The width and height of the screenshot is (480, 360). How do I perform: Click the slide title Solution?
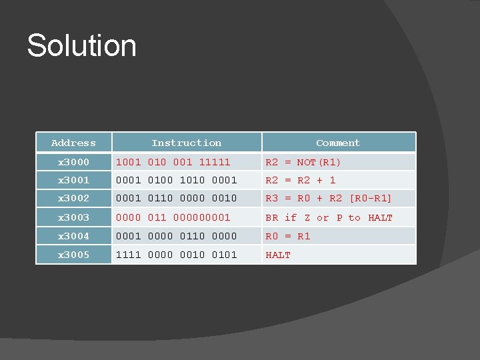pos(81,46)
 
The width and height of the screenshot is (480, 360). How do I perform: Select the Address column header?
pos(73,143)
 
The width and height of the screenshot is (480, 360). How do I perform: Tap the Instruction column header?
pos(186,143)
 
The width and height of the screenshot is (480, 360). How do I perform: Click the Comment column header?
pos(338,143)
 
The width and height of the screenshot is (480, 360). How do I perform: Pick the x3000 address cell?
pos(73,162)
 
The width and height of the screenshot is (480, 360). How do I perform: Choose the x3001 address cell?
pos(73,180)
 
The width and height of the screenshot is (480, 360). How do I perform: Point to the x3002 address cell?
pos(73,198)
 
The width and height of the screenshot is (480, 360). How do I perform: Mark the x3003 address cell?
pos(73,217)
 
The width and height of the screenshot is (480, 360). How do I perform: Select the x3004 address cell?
pos(73,236)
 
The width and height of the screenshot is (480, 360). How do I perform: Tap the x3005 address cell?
pos(73,255)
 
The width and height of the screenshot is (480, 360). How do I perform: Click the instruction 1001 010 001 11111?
pos(173,162)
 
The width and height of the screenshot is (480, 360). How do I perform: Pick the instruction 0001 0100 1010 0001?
pos(176,180)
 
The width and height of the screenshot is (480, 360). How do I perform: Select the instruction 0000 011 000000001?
pos(173,217)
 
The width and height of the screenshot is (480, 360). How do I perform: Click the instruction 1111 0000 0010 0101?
pos(176,255)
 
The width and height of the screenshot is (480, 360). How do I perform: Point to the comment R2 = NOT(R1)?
pos(303,162)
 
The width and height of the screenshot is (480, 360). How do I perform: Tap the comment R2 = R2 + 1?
pos(301,180)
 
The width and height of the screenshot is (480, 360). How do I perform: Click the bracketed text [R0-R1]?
pos(371,198)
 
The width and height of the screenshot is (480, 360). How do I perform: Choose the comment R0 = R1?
pos(288,236)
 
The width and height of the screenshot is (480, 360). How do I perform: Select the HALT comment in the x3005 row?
pos(278,255)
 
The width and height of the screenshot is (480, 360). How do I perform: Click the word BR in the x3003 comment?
pos(272,217)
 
